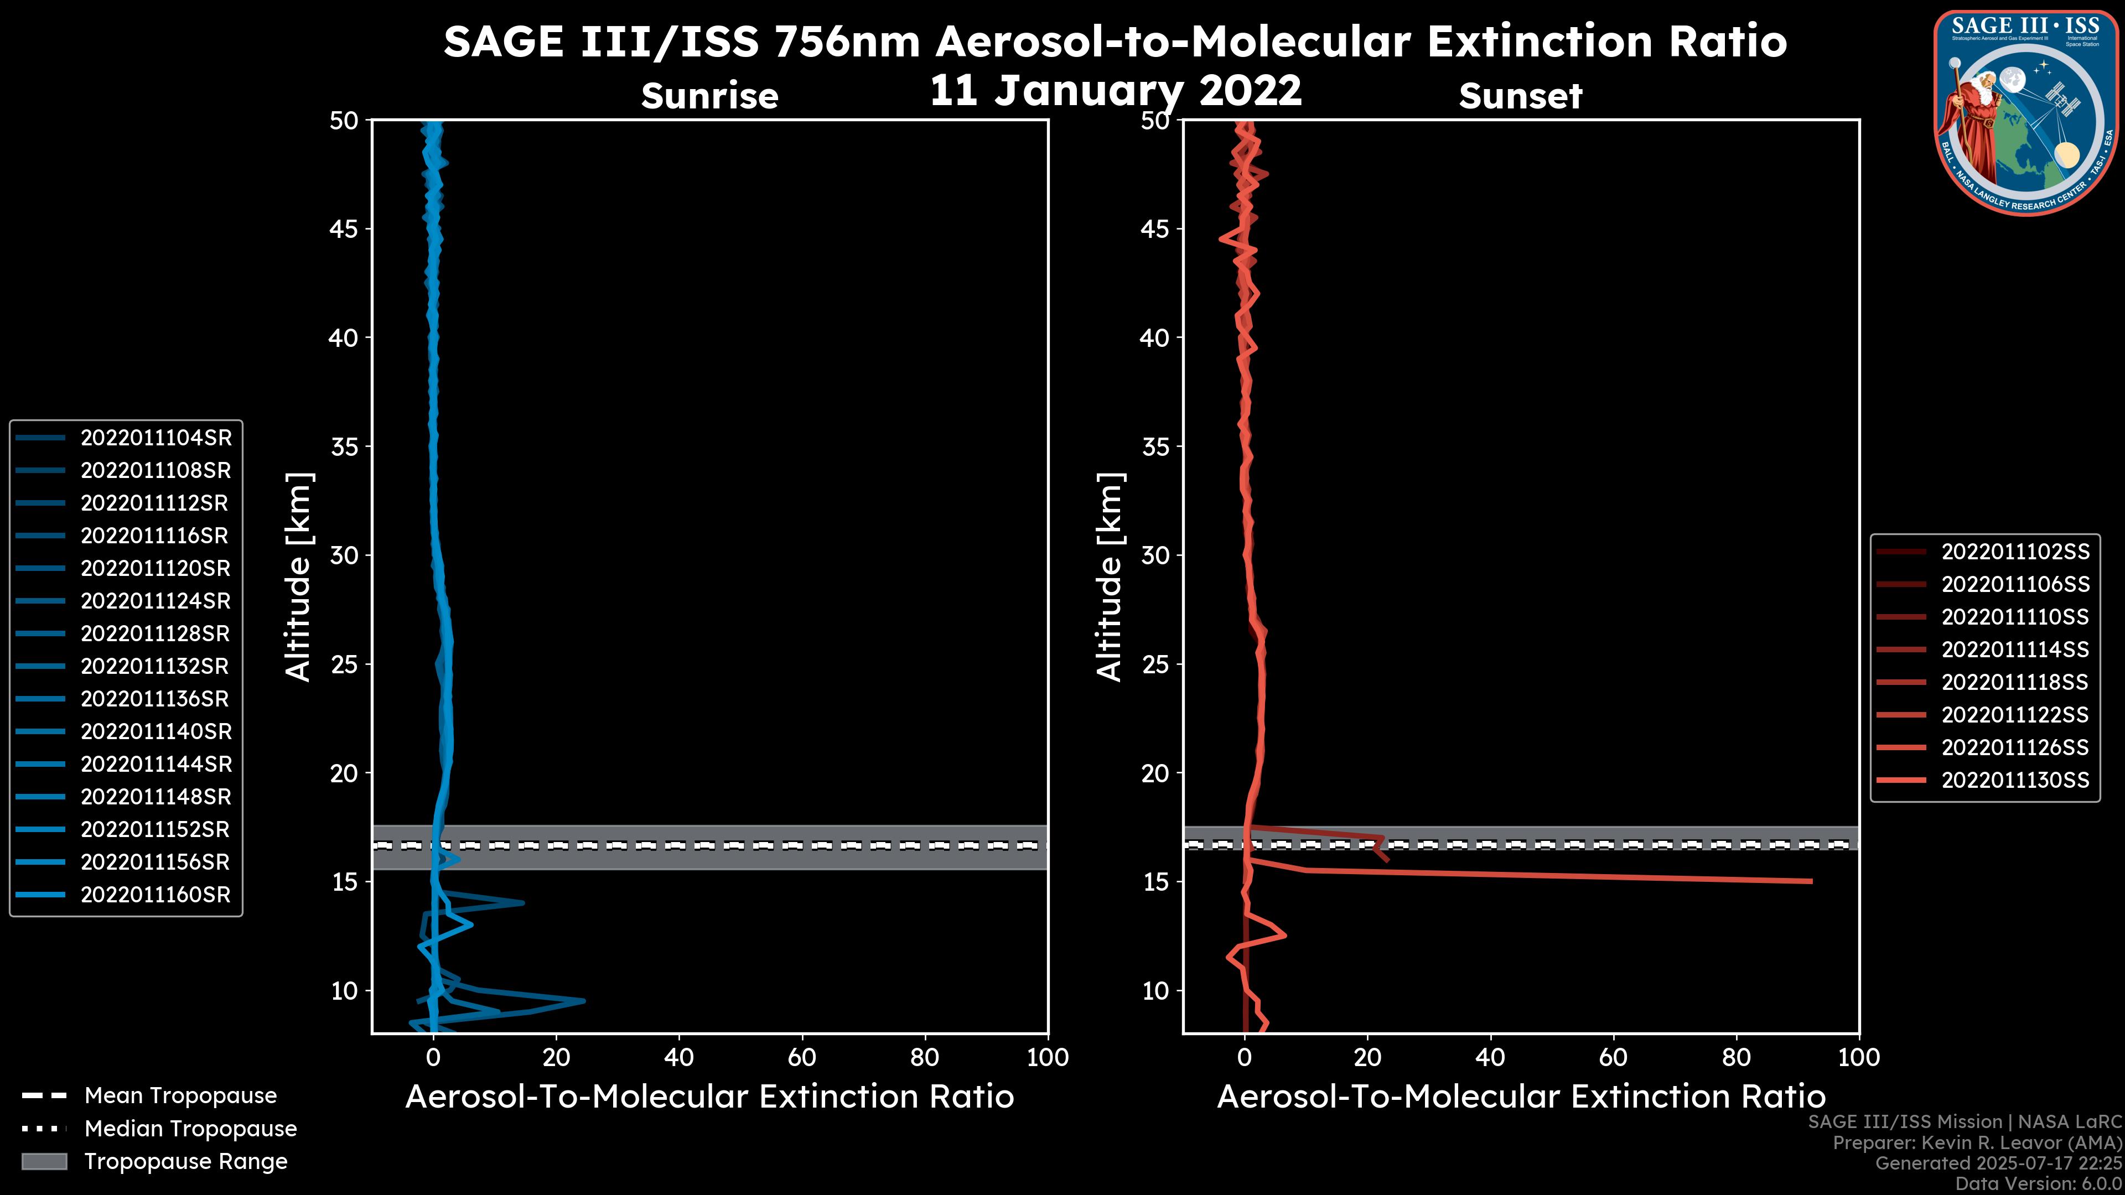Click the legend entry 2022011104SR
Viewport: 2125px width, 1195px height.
(155, 438)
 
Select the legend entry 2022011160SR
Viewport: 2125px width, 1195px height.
(155, 895)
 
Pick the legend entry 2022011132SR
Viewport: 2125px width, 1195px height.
(155, 666)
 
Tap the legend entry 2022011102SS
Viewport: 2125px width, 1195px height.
(2014, 552)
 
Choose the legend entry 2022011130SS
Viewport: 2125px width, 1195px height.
(2014, 780)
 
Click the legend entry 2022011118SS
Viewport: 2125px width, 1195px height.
(2014, 682)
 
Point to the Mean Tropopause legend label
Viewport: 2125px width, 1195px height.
(180, 1096)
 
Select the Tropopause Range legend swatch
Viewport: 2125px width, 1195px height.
(44, 1161)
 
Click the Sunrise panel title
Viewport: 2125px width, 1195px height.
(709, 96)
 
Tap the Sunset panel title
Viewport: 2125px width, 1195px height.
(1520, 96)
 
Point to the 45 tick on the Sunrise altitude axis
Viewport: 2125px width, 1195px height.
(344, 229)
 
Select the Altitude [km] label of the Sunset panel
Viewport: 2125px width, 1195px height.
(1110, 577)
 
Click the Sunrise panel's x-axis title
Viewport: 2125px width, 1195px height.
(709, 1097)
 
